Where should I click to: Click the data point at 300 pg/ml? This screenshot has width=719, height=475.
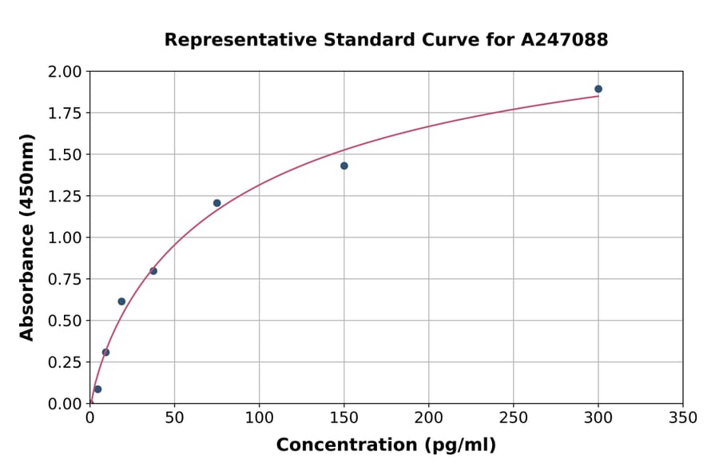598,89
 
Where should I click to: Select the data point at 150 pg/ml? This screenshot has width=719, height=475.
344,166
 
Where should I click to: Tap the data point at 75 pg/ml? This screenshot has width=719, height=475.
217,203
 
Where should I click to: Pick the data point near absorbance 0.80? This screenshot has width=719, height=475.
153,271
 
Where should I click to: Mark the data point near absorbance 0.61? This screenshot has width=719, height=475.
121,301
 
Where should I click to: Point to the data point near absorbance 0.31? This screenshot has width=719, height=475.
105,353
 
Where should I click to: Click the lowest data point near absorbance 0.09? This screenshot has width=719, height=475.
97,389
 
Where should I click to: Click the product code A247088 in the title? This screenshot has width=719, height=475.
565,40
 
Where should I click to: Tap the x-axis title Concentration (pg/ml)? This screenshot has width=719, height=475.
386,445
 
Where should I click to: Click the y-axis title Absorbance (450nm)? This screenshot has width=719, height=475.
27,237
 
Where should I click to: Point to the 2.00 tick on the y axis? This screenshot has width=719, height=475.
65,72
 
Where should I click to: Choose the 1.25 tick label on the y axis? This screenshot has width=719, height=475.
65,196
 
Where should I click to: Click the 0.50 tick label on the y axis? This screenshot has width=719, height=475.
65,321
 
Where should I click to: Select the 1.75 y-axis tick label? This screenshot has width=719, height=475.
65,114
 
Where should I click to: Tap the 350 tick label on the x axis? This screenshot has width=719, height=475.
683,418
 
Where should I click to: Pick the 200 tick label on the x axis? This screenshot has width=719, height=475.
429,418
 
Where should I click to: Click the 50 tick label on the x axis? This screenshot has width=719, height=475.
174,418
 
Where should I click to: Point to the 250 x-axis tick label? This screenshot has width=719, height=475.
514,418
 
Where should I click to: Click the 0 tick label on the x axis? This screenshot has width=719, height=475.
89,418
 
